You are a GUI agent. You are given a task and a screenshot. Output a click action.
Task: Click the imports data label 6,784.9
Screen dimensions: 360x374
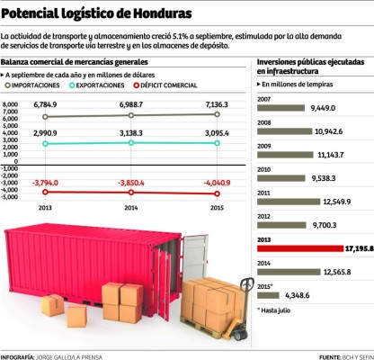[x=45, y=106]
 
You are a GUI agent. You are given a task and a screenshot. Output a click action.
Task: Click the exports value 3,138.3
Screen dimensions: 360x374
[x=131, y=132]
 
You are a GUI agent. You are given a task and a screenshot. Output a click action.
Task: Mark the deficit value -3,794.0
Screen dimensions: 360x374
[x=45, y=182]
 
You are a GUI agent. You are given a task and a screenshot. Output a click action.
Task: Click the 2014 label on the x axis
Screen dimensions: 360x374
[x=131, y=207]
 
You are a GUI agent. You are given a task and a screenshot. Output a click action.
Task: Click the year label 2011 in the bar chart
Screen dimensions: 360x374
[x=265, y=192]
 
